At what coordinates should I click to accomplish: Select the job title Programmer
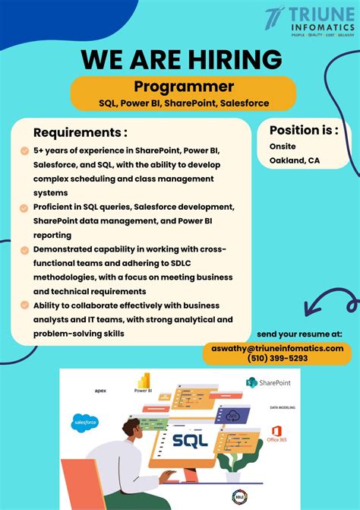tap(184, 87)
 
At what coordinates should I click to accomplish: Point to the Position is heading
tap(304, 129)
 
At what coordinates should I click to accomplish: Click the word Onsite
tap(283, 146)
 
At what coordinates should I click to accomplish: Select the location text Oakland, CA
tap(294, 160)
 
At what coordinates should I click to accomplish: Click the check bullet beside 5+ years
tap(25, 150)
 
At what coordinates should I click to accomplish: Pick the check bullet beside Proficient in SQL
tap(25, 207)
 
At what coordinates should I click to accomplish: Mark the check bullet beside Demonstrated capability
tap(25, 249)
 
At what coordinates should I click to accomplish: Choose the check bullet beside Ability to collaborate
tap(25, 306)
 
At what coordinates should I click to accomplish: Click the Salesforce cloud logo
tap(85, 422)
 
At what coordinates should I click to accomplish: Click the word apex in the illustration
tap(100, 391)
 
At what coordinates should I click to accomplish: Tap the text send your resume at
tap(299, 334)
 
